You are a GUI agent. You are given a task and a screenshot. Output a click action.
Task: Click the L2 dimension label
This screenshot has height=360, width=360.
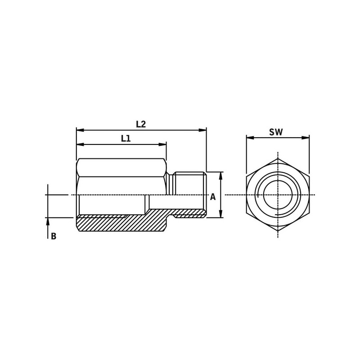(141, 124)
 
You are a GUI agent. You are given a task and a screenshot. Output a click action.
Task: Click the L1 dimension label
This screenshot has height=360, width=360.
(126, 139)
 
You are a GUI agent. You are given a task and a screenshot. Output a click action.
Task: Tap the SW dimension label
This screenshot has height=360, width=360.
(276, 132)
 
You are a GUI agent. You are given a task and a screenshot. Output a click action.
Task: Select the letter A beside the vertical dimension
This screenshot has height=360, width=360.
(213, 197)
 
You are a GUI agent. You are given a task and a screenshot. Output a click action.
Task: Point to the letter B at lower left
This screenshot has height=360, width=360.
(54, 236)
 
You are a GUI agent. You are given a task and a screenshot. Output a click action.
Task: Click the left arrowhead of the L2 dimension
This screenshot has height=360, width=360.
(80, 130)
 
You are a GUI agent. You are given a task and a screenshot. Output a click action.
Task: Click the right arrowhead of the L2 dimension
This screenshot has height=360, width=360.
(203, 130)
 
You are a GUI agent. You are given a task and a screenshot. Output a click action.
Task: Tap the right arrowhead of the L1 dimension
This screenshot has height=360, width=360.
(162, 144)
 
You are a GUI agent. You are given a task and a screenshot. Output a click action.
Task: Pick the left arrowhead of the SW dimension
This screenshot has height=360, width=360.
(250, 138)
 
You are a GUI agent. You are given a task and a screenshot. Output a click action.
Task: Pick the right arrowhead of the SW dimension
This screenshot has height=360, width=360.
(306, 138)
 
